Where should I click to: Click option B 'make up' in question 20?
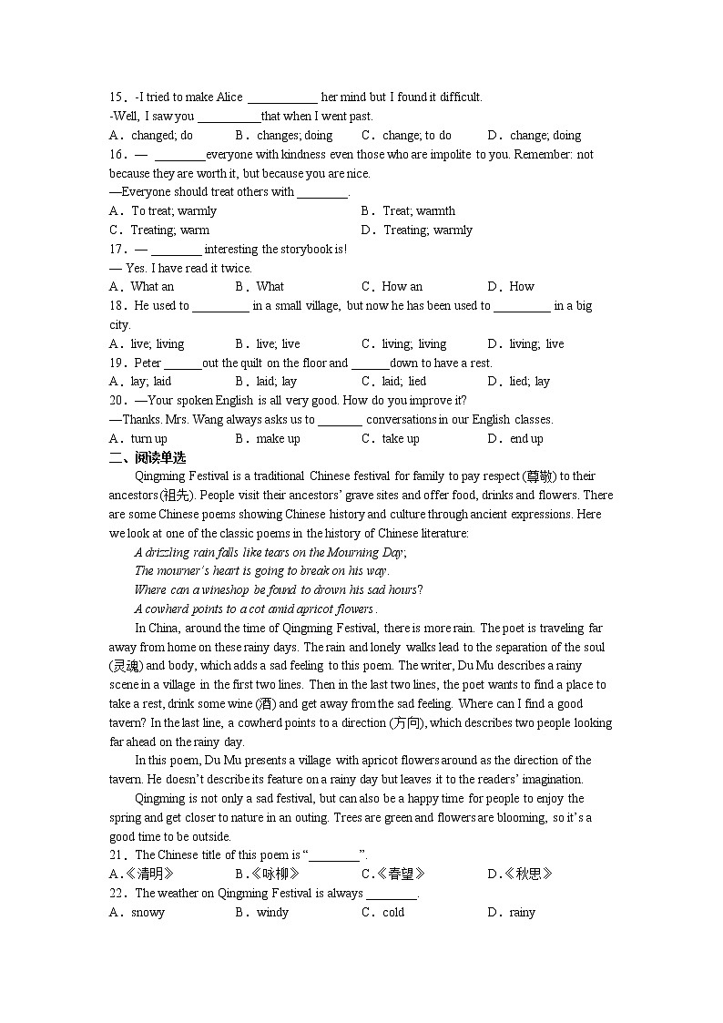268,439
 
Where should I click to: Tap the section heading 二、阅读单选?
148,457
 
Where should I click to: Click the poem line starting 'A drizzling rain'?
270,553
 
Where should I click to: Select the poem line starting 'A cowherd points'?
255,609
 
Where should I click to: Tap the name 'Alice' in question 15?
229,97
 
